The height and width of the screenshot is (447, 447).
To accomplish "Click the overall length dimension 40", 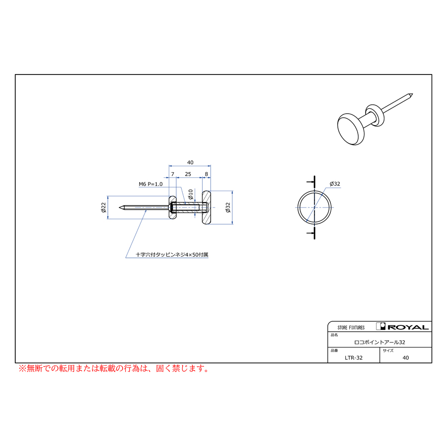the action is (190, 162).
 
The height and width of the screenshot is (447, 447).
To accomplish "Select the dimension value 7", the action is (172, 174).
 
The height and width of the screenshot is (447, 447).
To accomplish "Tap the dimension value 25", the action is (188, 174).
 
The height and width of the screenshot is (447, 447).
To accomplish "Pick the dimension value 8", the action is (207, 174).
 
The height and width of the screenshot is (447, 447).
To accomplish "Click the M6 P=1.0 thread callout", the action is (150, 184).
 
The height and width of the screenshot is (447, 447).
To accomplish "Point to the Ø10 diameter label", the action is (191, 194).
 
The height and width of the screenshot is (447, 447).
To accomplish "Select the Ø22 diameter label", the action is (103, 207).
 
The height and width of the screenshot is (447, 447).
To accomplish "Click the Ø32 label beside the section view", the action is (227, 207).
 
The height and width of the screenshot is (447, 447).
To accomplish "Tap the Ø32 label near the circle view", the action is (335, 184).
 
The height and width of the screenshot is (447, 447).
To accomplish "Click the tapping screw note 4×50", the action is (172, 255).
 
